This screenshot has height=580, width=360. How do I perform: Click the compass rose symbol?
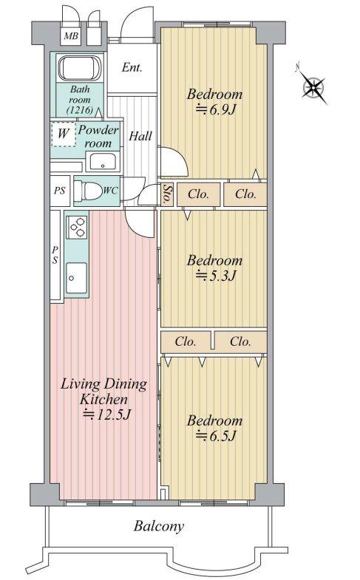pos(313,87)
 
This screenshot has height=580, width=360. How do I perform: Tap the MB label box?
pos(71,36)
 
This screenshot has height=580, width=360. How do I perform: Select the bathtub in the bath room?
pos(80,68)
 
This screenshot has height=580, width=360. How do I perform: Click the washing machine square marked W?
pos(63,134)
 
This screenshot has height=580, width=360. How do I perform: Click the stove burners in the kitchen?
pos(77,227)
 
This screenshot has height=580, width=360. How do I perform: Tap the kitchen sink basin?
pos(77,277)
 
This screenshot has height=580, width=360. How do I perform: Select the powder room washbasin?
pos(103,162)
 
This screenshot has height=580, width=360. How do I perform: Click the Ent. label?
pos(132,68)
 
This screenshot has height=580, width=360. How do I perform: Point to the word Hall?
pos(140,136)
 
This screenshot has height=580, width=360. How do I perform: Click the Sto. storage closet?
pos(166,194)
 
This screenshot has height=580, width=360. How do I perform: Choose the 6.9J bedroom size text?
pos(215,109)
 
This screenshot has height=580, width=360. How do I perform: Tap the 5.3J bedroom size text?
pos(215,276)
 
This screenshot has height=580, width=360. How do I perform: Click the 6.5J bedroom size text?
pos(215,436)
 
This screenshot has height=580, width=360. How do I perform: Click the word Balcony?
pos(159,526)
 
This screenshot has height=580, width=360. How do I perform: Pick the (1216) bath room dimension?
pos(80,110)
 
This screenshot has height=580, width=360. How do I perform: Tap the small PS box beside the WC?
pos(60,191)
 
